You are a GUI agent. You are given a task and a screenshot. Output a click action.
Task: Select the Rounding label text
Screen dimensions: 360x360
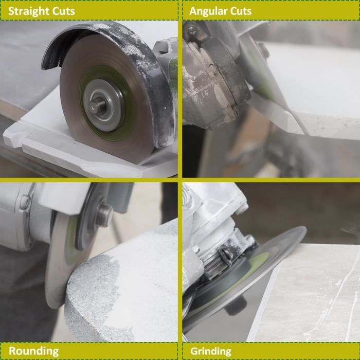click(x=33, y=351)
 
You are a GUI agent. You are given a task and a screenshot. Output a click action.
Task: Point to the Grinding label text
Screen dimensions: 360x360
click(x=211, y=351)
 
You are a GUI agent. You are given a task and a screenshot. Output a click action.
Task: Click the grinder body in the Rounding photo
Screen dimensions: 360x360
click(x=21, y=216)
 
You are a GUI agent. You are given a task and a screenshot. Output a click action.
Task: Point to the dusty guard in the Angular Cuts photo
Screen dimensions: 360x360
click(x=211, y=77)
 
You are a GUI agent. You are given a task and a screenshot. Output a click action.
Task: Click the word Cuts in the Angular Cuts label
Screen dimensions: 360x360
click(x=240, y=11)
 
